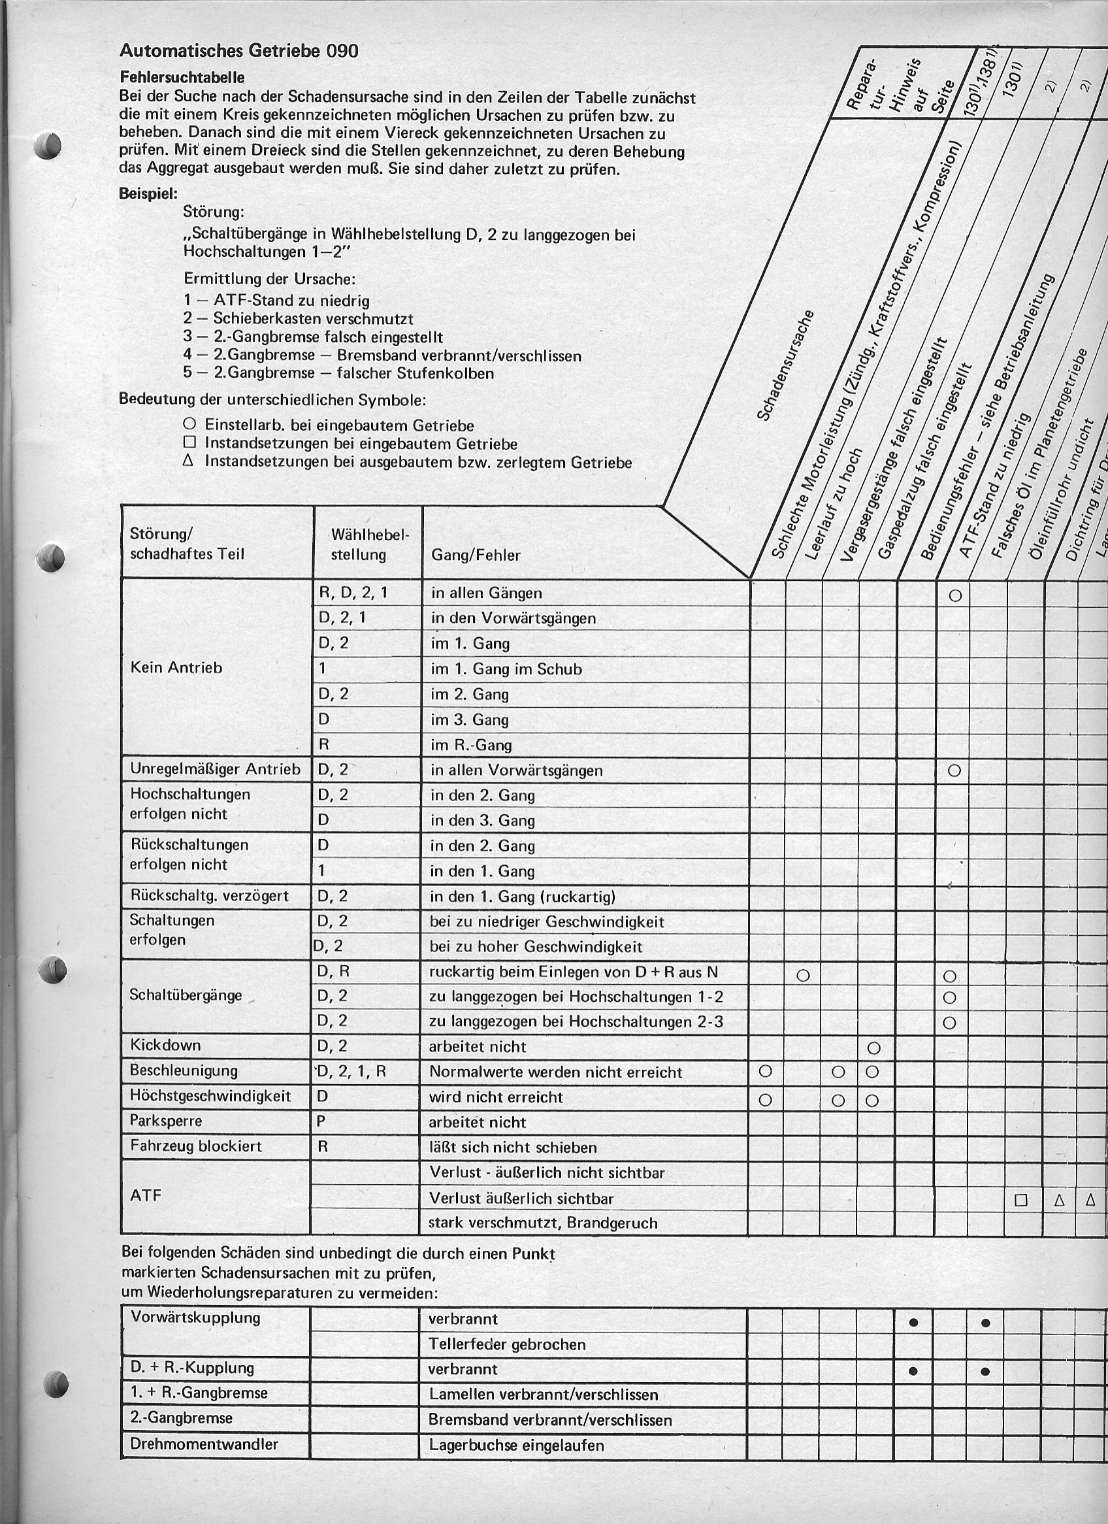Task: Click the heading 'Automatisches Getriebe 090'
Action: pos(238,50)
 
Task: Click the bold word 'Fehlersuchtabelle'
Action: pos(182,77)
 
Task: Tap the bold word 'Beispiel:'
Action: pos(148,193)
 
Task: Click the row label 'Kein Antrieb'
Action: pos(176,668)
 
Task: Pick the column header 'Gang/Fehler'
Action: pos(475,555)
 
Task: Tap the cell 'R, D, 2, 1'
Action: pos(353,593)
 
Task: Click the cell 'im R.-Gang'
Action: pos(471,744)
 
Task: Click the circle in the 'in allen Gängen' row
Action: pos(956,595)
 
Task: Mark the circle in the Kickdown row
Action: pos(873,1048)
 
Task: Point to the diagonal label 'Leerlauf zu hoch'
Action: pos(832,504)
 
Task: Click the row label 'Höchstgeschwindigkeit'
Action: pos(210,1097)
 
